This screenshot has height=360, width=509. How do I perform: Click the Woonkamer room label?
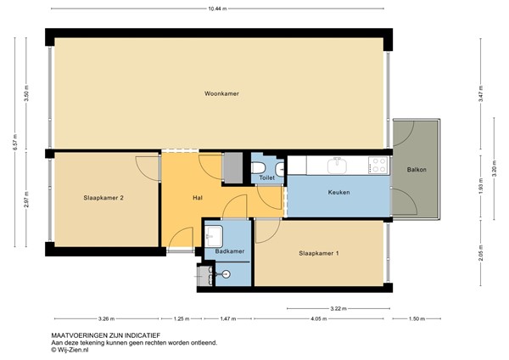coord(221,93)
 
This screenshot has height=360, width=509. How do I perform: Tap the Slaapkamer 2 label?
coord(104,198)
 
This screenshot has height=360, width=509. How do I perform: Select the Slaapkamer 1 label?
coord(320,253)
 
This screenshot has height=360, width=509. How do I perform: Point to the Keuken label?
coord(339,193)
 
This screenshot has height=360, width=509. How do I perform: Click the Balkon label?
coord(417,170)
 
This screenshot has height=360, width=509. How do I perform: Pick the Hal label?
coord(198,198)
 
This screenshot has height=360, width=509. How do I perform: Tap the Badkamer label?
coord(230,251)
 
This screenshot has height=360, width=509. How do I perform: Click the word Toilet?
coord(266,178)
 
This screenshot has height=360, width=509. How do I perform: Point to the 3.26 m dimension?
coord(106,319)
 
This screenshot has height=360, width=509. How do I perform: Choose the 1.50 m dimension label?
coord(415,319)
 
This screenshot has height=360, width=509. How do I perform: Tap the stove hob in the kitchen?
coord(378,163)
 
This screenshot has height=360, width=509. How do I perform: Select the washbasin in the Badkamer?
coord(214,234)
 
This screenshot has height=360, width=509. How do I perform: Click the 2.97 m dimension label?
coord(27,199)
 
